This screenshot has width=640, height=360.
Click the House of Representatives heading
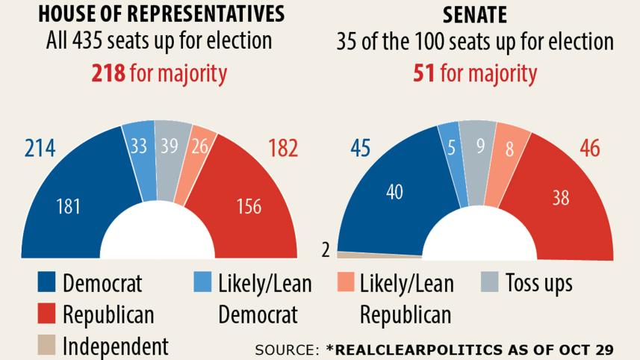click(x=160, y=13)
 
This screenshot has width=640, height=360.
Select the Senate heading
click(x=475, y=13)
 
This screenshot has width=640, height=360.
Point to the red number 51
click(x=425, y=73)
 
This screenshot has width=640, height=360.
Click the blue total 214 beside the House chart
click(x=40, y=149)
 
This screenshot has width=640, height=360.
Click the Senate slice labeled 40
click(x=394, y=192)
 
